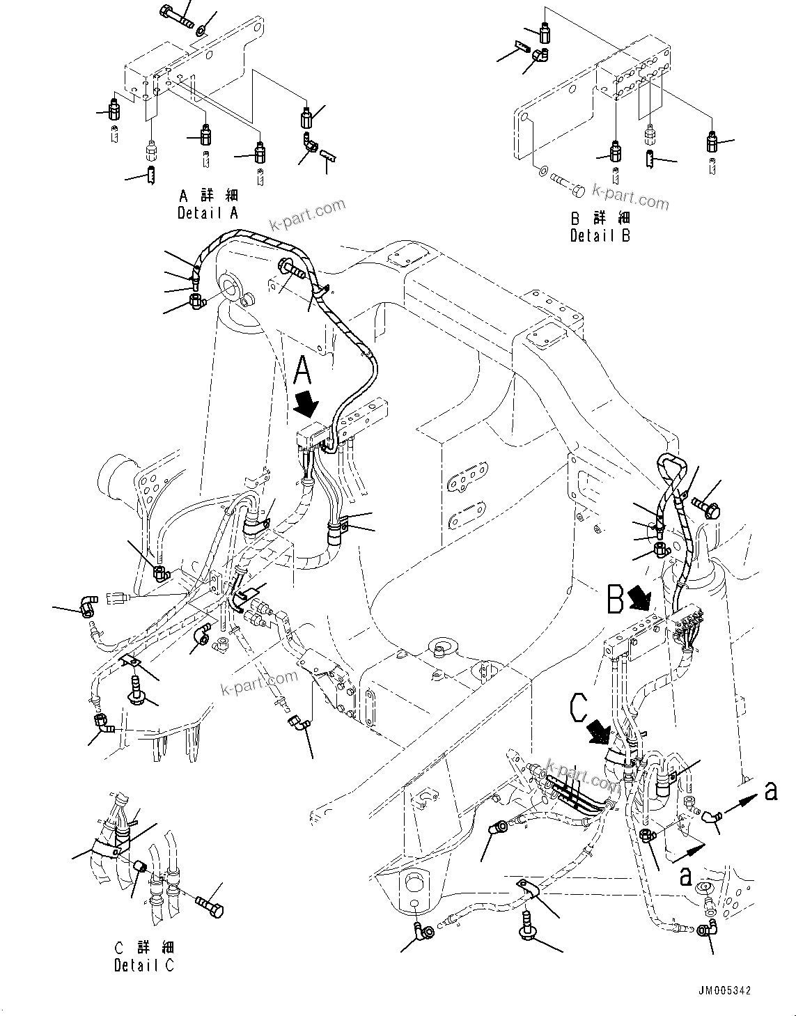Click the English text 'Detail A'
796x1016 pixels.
(x=208, y=214)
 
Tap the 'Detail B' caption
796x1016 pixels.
(x=600, y=236)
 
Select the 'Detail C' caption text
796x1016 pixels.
(x=144, y=965)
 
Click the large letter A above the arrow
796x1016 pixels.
(x=304, y=370)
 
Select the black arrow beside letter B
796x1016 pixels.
(x=638, y=596)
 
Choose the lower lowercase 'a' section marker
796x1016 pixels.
(x=686, y=876)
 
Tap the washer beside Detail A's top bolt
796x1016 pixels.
(x=201, y=30)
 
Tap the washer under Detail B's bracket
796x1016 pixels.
(x=542, y=169)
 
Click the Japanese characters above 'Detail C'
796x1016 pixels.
(x=144, y=948)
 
